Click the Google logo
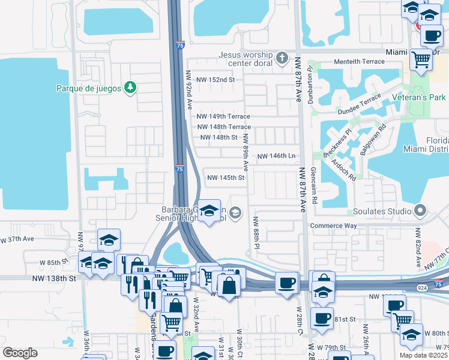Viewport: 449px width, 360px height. click(20, 353)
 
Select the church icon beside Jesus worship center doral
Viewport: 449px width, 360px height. click(282, 59)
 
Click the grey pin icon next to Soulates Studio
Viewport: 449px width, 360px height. click(420, 211)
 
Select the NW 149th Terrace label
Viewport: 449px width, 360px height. click(223, 116)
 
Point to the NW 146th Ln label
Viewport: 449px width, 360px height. click(277, 156)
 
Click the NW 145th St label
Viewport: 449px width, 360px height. click(226, 178)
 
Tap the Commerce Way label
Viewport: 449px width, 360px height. click(333, 226)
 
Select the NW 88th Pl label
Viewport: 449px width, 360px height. click(256, 233)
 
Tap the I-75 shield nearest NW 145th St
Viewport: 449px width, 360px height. click(179, 170)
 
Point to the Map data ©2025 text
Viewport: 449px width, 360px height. click(423, 355)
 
